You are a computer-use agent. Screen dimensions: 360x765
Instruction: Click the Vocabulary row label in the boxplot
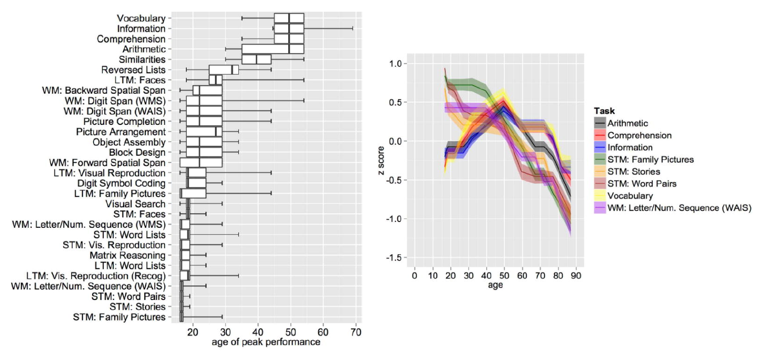point(141,19)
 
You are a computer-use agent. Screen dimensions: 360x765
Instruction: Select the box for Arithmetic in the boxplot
point(273,49)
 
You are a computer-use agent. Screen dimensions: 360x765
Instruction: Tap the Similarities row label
point(142,60)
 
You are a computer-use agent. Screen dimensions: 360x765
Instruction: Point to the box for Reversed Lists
point(224,70)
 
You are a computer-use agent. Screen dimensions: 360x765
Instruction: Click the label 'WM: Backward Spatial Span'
point(104,91)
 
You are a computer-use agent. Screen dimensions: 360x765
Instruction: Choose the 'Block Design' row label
point(137,152)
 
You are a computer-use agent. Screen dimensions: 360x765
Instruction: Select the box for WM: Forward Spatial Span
point(201,162)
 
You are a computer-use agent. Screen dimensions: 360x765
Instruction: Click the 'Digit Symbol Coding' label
point(121,183)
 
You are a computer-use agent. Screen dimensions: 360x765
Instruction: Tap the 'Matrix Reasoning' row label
point(127,255)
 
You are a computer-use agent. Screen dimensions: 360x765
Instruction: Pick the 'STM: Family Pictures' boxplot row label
point(119,317)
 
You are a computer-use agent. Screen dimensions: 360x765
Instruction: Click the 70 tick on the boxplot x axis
point(356,333)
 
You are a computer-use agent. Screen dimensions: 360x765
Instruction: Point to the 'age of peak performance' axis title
point(266,342)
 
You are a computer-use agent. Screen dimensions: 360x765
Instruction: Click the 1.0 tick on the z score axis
point(395,64)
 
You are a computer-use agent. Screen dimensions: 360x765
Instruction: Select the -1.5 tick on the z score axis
point(393,258)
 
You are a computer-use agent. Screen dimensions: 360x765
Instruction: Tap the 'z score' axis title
point(381,157)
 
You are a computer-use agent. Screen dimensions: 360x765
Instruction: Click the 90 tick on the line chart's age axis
point(576,276)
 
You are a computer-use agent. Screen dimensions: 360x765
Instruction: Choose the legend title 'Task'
point(604,111)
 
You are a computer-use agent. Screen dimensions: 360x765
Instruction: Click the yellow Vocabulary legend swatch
point(600,196)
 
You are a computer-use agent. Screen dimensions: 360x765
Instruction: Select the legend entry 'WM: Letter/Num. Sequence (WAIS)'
point(679,208)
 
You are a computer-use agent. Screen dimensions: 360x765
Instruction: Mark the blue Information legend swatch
point(600,147)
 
